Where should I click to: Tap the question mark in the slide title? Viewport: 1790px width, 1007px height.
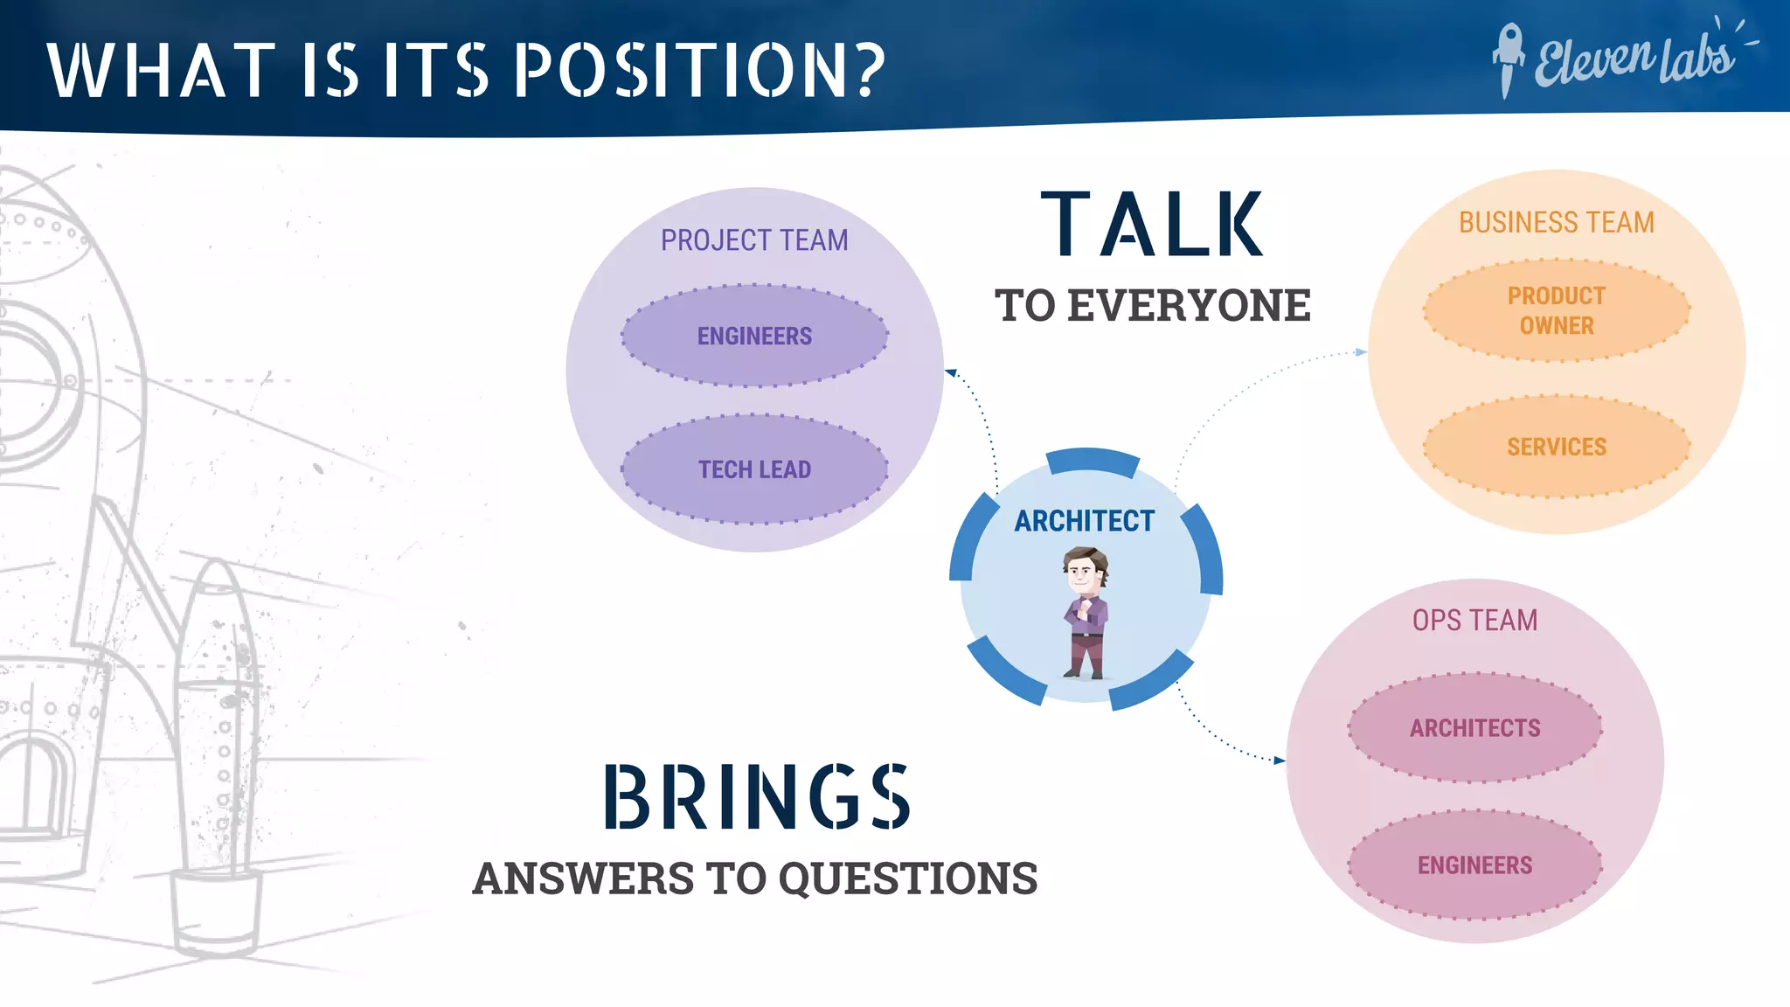[869, 69]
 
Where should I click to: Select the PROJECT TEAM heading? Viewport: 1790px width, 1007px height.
[754, 240]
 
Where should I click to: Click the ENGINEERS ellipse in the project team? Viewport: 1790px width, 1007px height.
[754, 336]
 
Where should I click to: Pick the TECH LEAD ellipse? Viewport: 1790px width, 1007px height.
[754, 469]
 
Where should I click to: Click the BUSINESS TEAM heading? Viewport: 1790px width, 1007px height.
[1556, 223]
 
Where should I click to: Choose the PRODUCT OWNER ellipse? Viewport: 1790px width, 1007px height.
[1556, 310]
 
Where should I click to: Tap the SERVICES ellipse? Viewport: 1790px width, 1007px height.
[1556, 447]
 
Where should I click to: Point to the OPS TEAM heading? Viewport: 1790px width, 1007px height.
[1474, 621]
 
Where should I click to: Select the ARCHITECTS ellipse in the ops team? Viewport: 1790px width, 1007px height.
[1474, 727]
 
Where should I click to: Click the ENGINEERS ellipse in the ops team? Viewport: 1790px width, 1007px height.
[1474, 865]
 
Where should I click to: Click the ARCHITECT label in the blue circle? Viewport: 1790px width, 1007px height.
[1084, 521]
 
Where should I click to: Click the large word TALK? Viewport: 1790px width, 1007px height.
[1152, 225]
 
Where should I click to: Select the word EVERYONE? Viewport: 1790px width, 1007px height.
[1189, 306]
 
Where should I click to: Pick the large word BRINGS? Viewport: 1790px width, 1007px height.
[757, 796]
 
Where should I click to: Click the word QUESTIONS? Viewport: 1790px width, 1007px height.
[907, 879]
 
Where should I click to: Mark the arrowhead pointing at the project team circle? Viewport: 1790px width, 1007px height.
[952, 373]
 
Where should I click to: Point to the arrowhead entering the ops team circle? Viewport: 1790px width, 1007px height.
[1280, 760]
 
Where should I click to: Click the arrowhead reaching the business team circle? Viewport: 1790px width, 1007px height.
[1361, 352]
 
